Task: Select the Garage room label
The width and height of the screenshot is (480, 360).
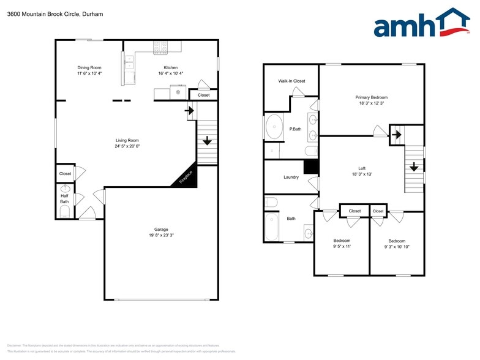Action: [162, 230]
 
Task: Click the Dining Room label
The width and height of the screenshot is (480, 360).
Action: [89, 67]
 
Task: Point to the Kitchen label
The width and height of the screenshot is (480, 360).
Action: [171, 67]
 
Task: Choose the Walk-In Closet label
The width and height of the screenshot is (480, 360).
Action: [291, 81]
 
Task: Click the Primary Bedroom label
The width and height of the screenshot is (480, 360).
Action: [371, 97]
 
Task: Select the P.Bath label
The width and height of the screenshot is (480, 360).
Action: [296, 129]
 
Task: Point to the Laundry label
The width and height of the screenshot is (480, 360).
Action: [291, 178]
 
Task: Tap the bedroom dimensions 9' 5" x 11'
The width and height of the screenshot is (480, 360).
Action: [342, 247]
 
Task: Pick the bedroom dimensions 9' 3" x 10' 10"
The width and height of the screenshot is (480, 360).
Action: [397, 247]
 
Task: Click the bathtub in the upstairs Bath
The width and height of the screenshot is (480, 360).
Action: [271, 227]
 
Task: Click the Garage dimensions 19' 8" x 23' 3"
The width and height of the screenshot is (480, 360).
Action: [162, 236]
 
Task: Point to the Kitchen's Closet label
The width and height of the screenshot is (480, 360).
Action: [203, 95]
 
